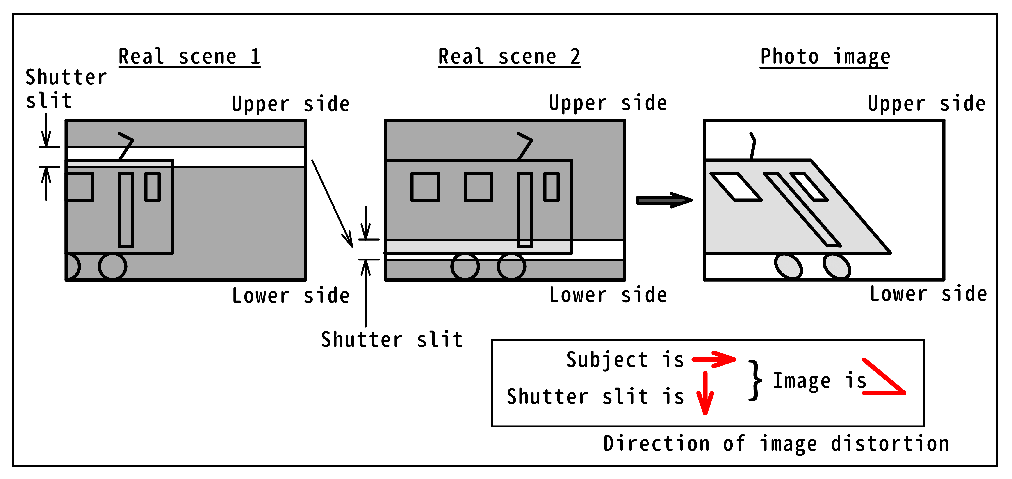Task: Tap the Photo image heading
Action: [825, 57]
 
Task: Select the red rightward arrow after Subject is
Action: [713, 359]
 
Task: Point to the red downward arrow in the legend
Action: [705, 393]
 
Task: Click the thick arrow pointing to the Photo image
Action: [664, 200]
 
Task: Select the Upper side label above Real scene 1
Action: [290, 104]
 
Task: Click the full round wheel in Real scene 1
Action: [112, 266]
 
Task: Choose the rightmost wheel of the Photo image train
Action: [837, 266]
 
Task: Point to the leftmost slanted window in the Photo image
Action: [735, 187]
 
